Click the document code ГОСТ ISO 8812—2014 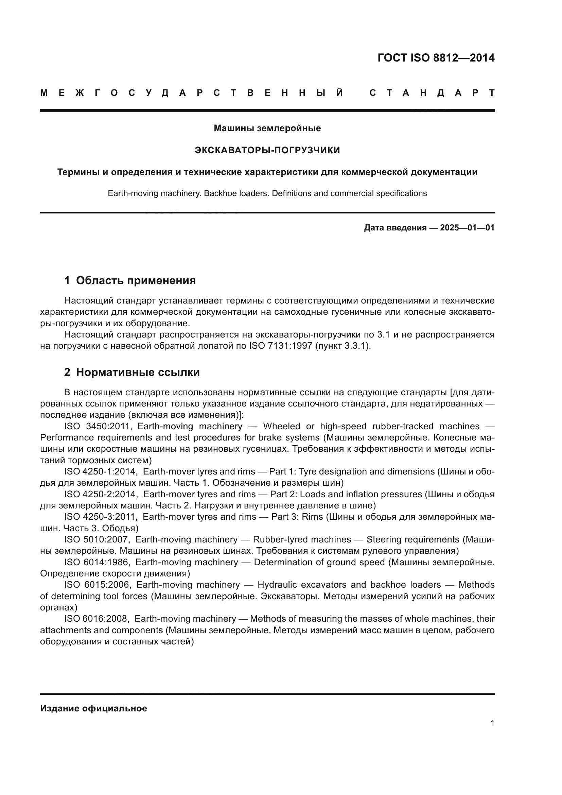pyautogui.click(x=436, y=58)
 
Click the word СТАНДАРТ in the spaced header pyautogui.click(x=432, y=93)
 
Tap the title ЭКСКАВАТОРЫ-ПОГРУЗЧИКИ pyautogui.click(x=267, y=150)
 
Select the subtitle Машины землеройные pyautogui.click(x=267, y=128)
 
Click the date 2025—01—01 pyautogui.click(x=467, y=227)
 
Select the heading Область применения pyautogui.click(x=136, y=280)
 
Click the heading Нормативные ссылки pyautogui.click(x=138, y=372)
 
